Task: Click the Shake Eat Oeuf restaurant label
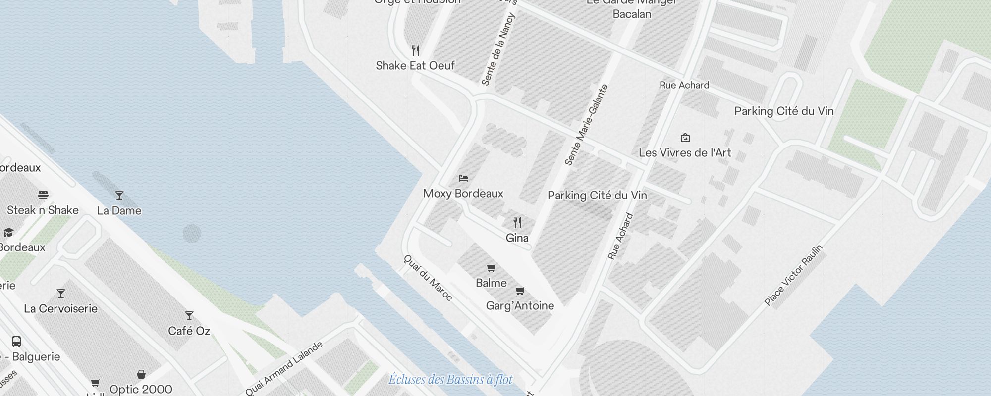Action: (x=415, y=66)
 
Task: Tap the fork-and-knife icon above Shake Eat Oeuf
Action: (x=416, y=50)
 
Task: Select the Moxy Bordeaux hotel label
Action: (x=463, y=194)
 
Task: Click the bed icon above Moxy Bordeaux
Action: (x=463, y=178)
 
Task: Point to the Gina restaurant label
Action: (x=517, y=238)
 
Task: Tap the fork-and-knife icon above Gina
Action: (x=517, y=223)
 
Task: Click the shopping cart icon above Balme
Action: (x=491, y=268)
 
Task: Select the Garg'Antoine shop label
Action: (x=520, y=306)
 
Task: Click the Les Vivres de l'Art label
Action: (x=685, y=153)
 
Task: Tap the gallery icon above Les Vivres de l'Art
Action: (x=685, y=138)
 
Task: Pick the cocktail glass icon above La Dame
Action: (x=119, y=196)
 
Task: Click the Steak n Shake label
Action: (x=43, y=210)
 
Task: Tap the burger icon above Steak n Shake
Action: (x=43, y=195)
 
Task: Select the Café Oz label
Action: (x=189, y=331)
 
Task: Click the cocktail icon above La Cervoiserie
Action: (x=61, y=294)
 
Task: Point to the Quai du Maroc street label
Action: (x=428, y=278)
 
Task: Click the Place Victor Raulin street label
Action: (x=793, y=275)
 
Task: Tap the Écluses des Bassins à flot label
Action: (x=450, y=380)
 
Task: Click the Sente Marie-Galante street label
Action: (x=586, y=125)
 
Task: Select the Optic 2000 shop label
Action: (x=141, y=390)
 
